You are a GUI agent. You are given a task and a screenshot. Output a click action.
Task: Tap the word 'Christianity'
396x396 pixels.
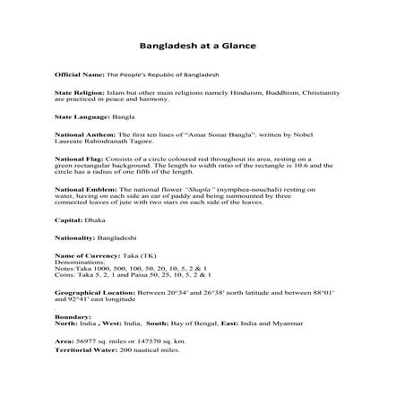322,92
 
